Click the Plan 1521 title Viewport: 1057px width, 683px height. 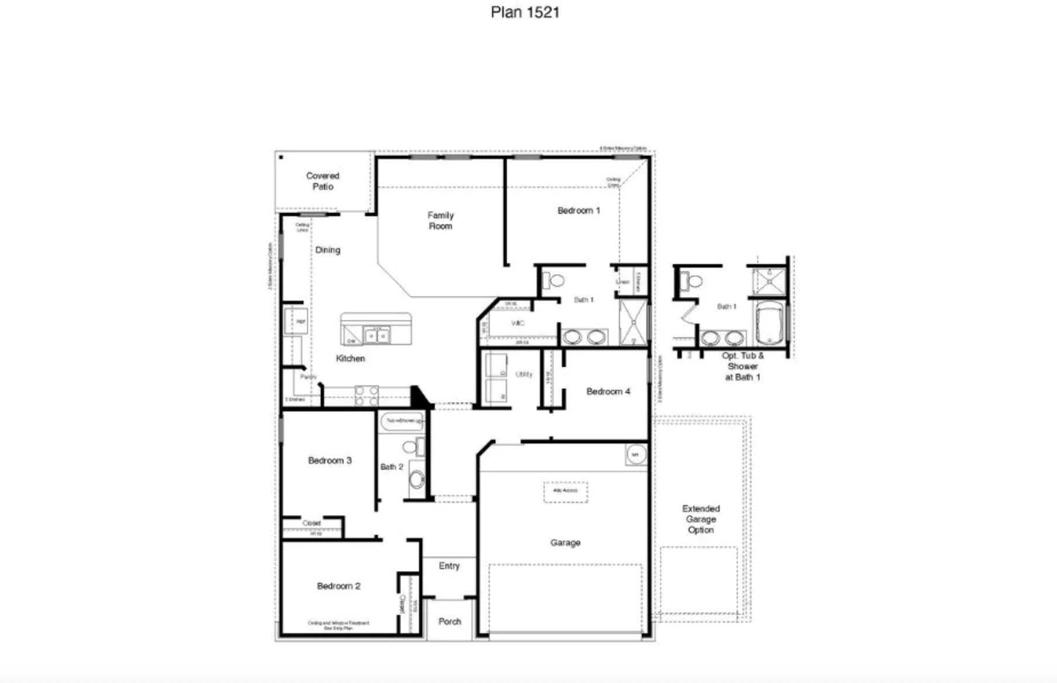[525, 12]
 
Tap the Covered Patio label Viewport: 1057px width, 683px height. [322, 181]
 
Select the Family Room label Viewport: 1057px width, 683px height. [440, 221]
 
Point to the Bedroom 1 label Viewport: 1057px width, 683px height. [578, 211]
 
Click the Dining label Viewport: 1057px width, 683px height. [327, 250]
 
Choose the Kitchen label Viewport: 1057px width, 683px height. [350, 358]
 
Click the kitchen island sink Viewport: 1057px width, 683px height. [376, 336]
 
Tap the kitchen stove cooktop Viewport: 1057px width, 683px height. [367, 395]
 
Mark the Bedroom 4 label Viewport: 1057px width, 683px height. [608, 392]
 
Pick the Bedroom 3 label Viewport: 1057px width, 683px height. [330, 461]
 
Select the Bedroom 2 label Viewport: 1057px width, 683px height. [338, 586]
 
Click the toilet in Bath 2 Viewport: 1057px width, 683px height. [411, 447]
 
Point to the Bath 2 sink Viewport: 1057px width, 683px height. [417, 480]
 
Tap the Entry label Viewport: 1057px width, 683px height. [449, 566]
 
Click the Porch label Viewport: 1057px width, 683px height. [449, 622]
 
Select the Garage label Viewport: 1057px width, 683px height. [565, 543]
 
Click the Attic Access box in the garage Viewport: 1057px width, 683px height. [565, 491]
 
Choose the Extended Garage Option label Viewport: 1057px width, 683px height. [701, 519]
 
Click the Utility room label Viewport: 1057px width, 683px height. [524, 374]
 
